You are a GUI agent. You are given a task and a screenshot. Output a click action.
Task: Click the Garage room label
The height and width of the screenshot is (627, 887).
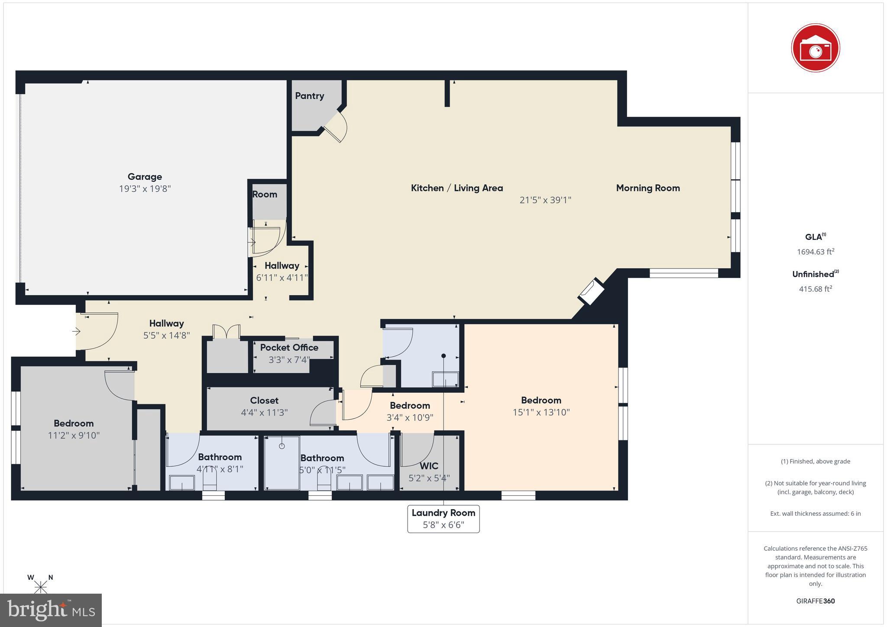point(145,177)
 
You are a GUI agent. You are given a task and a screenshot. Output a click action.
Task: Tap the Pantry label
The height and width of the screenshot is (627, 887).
point(309,96)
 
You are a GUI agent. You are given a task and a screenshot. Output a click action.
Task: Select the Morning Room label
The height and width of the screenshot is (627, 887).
point(647,188)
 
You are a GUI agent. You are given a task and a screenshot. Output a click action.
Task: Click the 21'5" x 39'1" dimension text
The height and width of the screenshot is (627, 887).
point(545,200)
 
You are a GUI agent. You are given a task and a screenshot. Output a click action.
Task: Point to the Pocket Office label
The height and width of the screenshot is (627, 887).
point(289,347)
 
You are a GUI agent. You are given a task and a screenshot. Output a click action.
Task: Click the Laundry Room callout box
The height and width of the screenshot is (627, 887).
point(443,518)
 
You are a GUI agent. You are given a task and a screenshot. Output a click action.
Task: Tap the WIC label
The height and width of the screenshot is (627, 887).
point(429,466)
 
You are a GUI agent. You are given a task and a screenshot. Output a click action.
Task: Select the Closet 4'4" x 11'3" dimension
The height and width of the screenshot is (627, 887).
point(264,413)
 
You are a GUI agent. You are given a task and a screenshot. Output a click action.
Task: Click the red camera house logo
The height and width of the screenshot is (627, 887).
point(815,48)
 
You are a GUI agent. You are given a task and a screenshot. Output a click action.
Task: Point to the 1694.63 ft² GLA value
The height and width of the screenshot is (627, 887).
point(815,252)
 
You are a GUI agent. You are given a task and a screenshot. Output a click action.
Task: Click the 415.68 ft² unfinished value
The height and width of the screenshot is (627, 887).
point(815,289)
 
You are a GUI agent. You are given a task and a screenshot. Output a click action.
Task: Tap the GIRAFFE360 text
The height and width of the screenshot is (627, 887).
point(815,601)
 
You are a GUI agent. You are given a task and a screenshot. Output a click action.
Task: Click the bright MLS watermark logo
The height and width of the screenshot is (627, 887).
point(51,610)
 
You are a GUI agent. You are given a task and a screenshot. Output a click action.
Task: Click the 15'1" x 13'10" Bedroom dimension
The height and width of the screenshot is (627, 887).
point(541,412)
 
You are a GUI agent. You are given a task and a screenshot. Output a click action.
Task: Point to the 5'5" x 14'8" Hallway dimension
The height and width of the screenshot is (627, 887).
point(166,335)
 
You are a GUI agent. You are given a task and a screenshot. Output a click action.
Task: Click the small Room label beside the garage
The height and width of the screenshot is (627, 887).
point(265,194)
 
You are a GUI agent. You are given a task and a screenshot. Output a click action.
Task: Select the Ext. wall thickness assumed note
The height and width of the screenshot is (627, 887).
point(815,514)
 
